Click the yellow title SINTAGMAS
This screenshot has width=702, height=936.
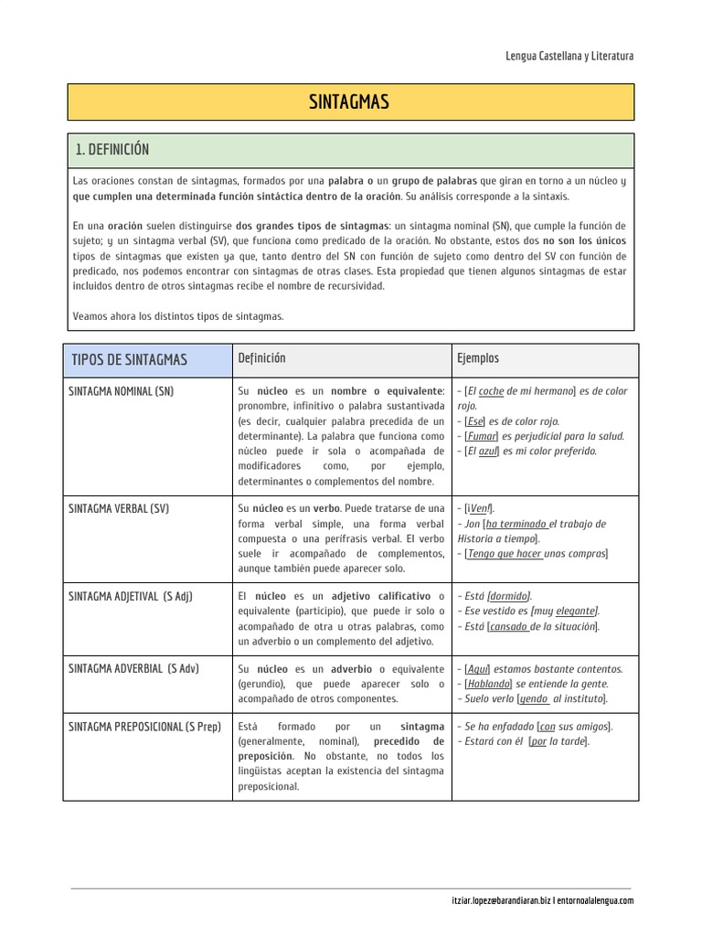pyautogui.click(x=350, y=102)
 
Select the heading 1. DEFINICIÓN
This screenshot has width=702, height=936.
pyautogui.click(x=112, y=150)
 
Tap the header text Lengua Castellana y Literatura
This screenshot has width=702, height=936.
pyautogui.click(x=569, y=57)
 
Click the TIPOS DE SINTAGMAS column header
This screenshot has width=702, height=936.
pyautogui.click(x=129, y=359)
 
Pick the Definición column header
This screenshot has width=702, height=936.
pyautogui.click(x=261, y=358)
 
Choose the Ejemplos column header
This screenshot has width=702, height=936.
pyautogui.click(x=478, y=358)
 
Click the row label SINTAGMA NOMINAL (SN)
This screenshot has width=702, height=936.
pyautogui.click(x=122, y=391)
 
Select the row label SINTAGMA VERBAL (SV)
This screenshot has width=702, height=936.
pyautogui.click(x=119, y=508)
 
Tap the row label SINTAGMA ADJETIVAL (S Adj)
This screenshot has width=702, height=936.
pyautogui.click(x=131, y=596)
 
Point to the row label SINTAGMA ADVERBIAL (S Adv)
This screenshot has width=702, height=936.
pyautogui.click(x=133, y=668)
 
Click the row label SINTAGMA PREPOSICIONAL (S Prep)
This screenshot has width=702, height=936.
pyautogui.click(x=144, y=727)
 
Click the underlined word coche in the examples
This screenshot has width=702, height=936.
pyautogui.click(x=491, y=391)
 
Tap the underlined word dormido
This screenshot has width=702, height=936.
pyautogui.click(x=510, y=596)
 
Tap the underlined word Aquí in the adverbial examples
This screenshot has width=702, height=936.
pyautogui.click(x=476, y=668)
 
